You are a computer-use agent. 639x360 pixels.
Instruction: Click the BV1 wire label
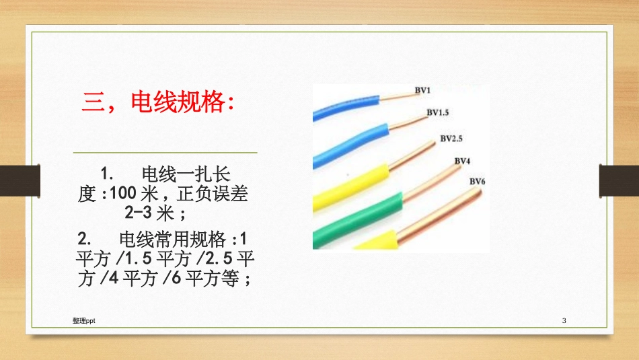[422, 90]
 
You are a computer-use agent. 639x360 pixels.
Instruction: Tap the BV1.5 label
[438, 112]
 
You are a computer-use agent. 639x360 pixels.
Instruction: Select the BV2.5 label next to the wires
[452, 139]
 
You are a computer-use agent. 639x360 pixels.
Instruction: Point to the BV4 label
[462, 161]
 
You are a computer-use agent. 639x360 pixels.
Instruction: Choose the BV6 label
[477, 180]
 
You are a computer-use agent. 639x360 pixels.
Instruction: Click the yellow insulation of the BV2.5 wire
[350, 180]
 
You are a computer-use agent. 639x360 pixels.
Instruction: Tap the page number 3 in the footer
[564, 322]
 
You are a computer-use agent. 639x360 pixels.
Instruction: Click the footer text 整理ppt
[83, 322]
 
